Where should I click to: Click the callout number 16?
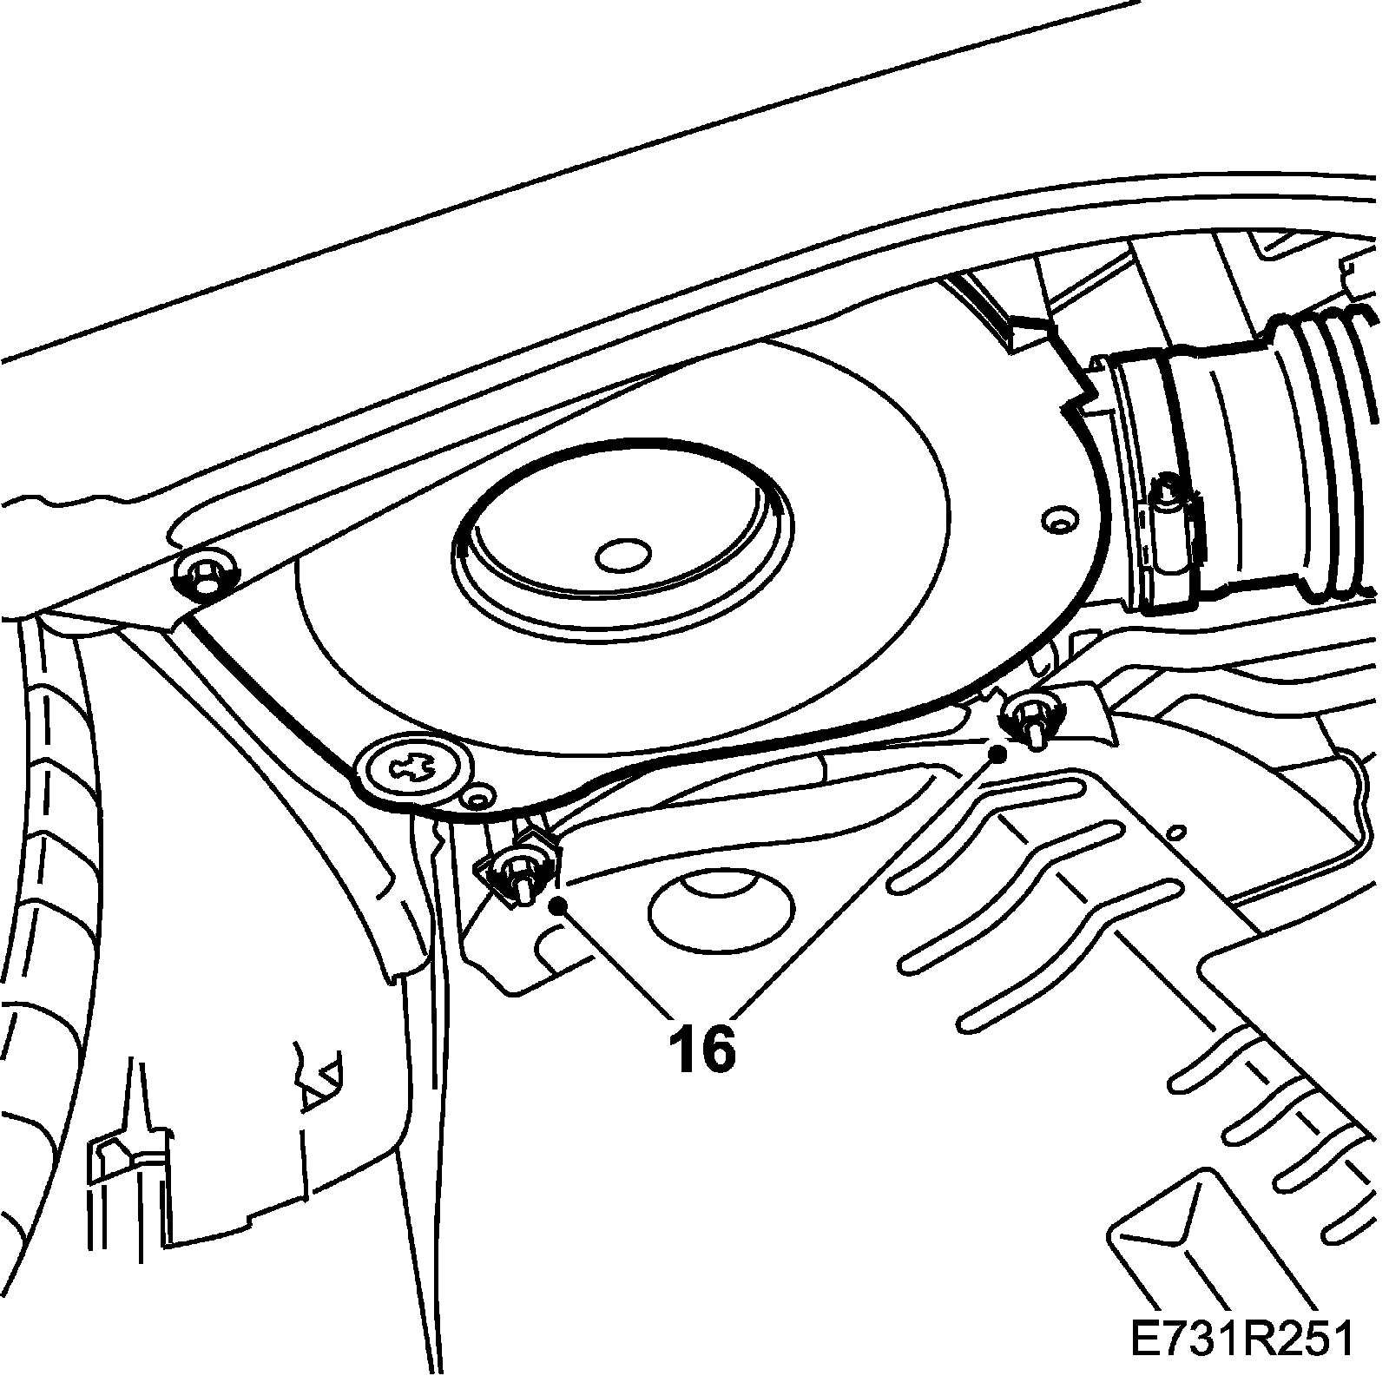click(701, 1049)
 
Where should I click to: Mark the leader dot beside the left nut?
click(558, 905)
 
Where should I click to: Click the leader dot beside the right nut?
click(999, 754)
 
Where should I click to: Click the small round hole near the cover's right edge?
click(1057, 521)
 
